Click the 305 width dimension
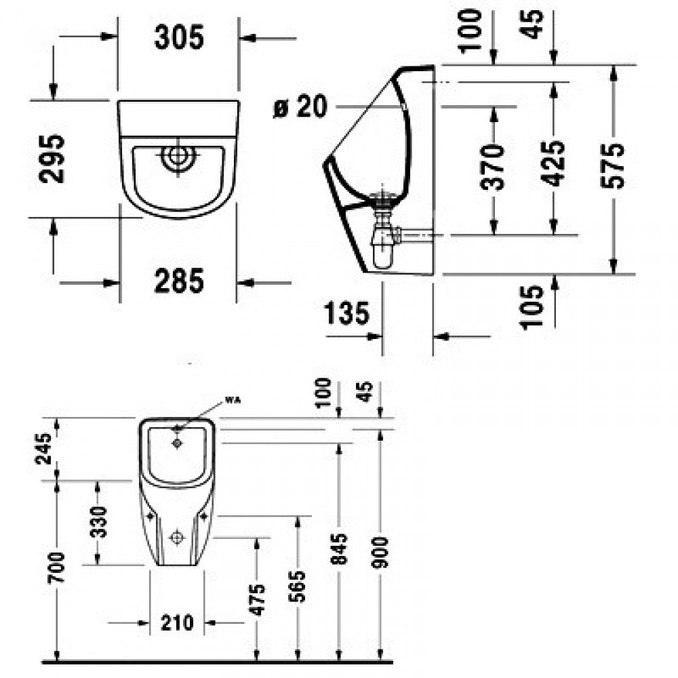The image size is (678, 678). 178,37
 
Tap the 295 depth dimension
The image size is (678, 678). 52,159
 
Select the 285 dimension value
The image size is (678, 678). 178,281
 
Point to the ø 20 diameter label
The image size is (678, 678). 300,106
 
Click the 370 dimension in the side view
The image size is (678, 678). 493,167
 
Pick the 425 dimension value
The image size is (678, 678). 553,163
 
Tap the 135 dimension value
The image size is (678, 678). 346,313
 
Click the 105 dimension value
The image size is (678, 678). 531,307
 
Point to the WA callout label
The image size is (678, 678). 232,401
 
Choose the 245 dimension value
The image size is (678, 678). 43,448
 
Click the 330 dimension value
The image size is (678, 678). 98,522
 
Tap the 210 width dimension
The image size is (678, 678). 177,623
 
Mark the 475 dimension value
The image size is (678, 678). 257,600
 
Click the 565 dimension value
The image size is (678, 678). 297,586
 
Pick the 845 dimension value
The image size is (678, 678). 339,549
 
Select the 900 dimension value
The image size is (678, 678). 380,552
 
